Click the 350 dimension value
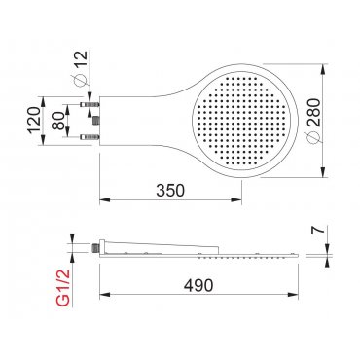point(170,191)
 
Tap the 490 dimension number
point(198,285)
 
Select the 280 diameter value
point(313,112)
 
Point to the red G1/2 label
point(63,288)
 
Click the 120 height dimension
point(34,120)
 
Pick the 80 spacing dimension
point(58,121)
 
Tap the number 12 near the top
point(81,58)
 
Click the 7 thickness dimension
point(319,230)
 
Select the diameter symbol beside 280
point(314,138)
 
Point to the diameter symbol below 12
point(81,79)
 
